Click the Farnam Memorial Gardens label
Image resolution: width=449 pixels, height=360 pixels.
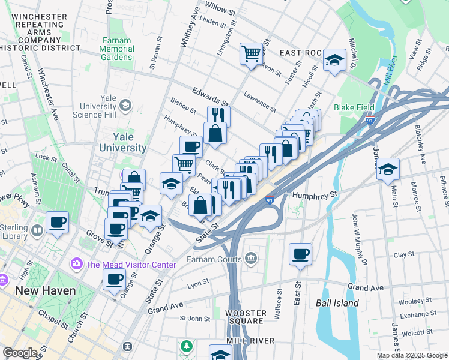click(x=116, y=49)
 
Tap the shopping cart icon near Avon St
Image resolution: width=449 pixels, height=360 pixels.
click(x=252, y=53)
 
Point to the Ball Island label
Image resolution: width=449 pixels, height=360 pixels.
click(x=337, y=303)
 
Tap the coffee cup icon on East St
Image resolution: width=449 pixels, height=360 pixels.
click(x=300, y=253)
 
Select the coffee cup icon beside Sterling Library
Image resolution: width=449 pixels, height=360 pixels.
click(x=57, y=222)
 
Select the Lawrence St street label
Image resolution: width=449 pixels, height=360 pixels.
click(x=260, y=101)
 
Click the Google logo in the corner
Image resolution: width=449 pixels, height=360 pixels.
click(x=20, y=353)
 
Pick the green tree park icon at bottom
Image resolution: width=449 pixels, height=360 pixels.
click(x=187, y=346)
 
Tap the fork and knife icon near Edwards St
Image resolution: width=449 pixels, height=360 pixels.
click(x=219, y=115)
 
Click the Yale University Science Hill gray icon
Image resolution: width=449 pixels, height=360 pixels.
click(x=125, y=106)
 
